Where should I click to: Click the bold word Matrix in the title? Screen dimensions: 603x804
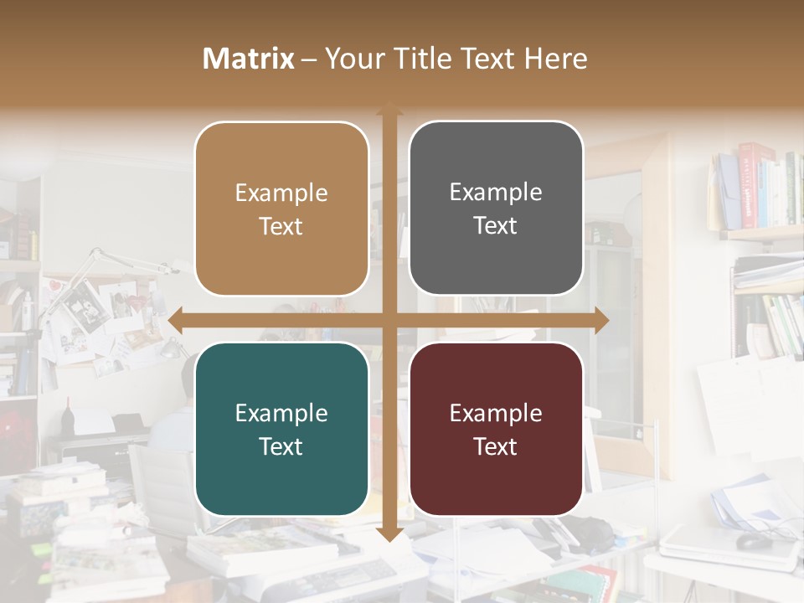(x=249, y=59)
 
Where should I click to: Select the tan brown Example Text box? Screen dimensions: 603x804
(x=281, y=209)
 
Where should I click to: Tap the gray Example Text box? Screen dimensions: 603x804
(x=496, y=209)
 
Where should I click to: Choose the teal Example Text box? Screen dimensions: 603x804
(x=281, y=430)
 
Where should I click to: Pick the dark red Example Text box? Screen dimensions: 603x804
(x=496, y=430)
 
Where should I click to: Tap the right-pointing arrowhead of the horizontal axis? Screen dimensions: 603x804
(x=600, y=320)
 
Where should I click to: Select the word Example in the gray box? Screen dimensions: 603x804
(x=496, y=193)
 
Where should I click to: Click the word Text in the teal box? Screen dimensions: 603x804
(x=281, y=446)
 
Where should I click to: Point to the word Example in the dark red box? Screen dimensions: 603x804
(x=496, y=413)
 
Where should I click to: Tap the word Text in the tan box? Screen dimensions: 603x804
(x=281, y=226)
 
